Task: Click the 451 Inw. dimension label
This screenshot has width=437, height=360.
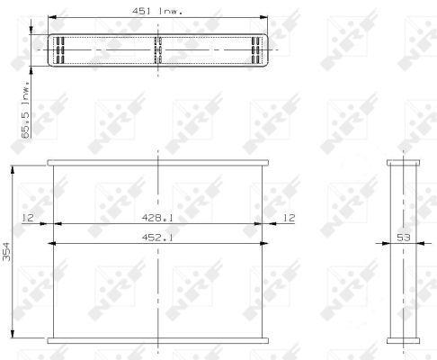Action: click(x=157, y=12)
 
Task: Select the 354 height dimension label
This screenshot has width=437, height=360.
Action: click(x=6, y=251)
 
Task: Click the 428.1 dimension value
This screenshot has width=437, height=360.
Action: click(x=157, y=218)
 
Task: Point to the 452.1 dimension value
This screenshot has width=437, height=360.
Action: click(x=157, y=238)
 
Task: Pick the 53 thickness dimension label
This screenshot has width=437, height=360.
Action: click(x=403, y=238)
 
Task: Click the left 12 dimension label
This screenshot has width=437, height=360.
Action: click(x=28, y=218)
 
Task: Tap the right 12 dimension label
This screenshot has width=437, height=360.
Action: click(x=289, y=218)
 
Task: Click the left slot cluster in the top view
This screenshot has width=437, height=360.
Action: click(x=60, y=50)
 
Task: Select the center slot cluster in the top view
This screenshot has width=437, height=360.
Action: click(x=158, y=50)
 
